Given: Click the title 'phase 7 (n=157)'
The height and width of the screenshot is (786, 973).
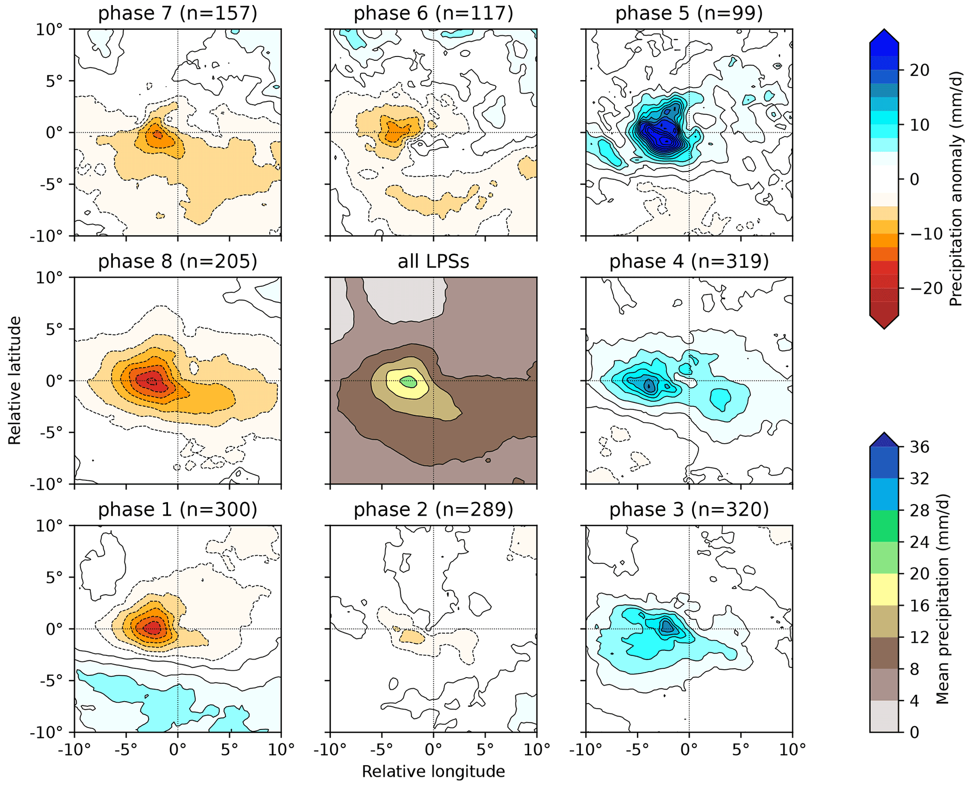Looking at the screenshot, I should click(x=177, y=13).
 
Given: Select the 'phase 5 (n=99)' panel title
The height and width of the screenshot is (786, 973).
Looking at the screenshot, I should click(x=689, y=13).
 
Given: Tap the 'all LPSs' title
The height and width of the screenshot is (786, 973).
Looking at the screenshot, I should click(x=433, y=262).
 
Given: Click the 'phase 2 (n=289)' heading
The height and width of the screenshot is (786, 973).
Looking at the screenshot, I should click(x=433, y=510).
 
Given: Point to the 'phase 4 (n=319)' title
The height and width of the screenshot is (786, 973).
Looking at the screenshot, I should click(x=689, y=262).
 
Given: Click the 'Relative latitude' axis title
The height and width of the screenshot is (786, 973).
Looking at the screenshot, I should click(x=15, y=381).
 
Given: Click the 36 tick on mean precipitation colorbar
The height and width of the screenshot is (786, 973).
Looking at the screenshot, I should click(x=919, y=447).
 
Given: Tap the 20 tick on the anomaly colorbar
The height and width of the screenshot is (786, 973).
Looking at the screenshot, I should click(x=919, y=71).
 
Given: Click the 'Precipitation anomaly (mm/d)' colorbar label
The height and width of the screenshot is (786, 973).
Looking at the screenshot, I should click(x=956, y=188).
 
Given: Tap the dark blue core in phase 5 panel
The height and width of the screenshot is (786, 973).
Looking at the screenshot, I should click(x=659, y=134).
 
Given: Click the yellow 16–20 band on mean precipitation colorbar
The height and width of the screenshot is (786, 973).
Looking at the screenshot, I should click(x=884, y=589).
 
